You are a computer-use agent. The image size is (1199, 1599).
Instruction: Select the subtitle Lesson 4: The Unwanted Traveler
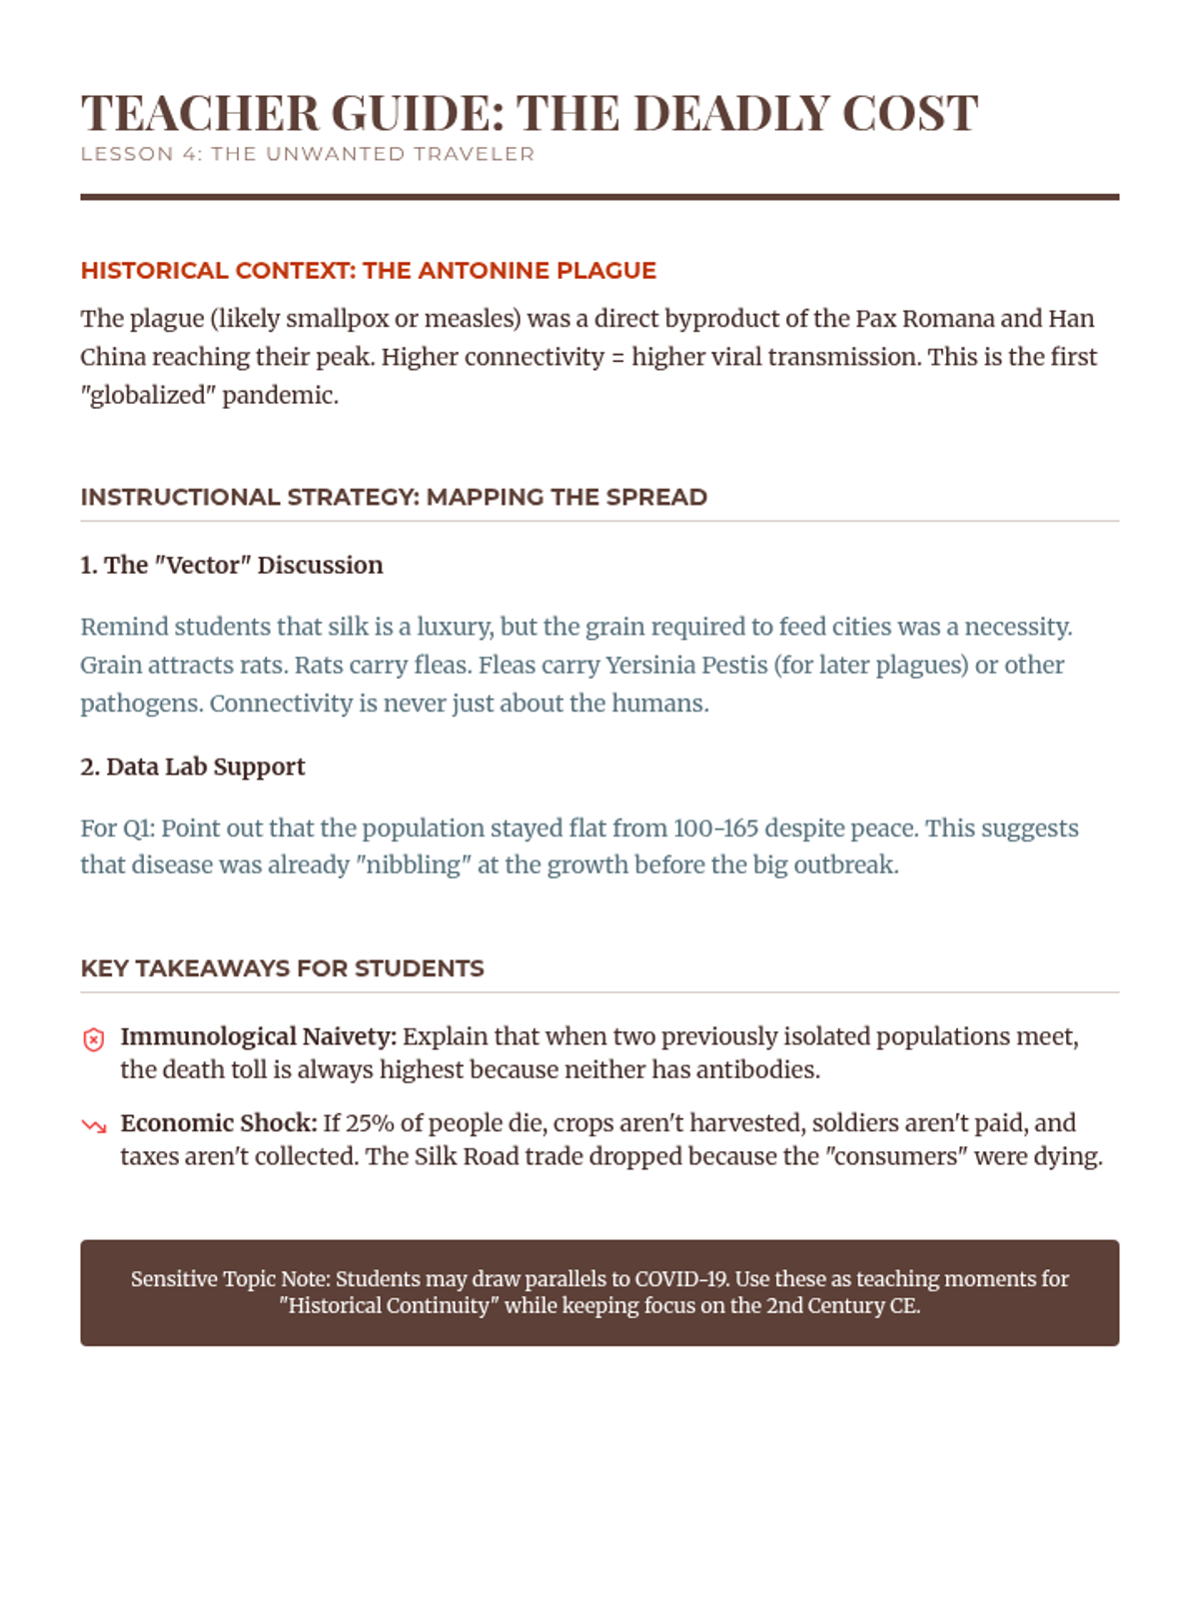coord(308,154)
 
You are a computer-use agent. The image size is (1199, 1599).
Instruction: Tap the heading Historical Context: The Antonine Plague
coord(368,271)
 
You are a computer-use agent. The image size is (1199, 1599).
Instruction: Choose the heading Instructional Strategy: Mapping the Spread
coord(394,498)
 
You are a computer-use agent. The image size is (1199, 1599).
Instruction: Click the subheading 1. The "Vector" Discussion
coord(231,566)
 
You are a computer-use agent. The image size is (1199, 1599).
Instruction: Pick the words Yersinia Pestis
coord(686,666)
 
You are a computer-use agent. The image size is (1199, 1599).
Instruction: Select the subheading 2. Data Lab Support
coord(192,767)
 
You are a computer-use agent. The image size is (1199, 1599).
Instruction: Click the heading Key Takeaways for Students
coord(282,968)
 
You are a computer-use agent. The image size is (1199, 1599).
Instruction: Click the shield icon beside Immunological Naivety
coord(93,1039)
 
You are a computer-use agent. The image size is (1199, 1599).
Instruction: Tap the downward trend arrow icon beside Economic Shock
coord(93,1126)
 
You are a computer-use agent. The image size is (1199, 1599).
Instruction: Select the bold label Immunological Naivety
coord(258,1036)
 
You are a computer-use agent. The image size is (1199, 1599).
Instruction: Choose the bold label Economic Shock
coord(218,1123)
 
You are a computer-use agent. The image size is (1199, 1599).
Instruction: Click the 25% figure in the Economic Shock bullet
coord(370,1123)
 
